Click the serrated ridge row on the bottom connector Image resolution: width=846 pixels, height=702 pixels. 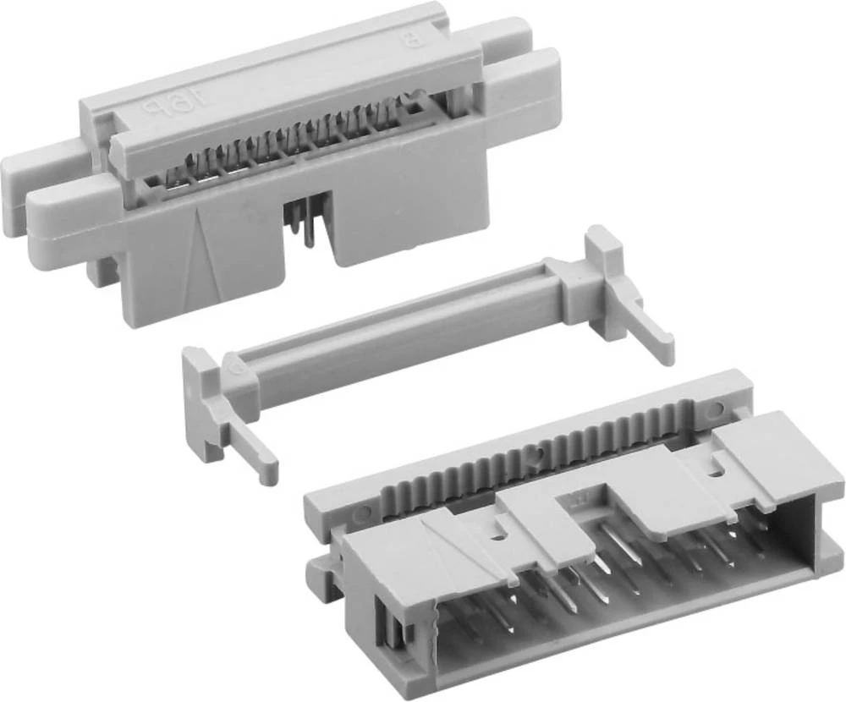pyautogui.click(x=541, y=452)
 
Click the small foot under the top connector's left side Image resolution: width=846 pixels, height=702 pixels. pyautogui.click(x=102, y=271)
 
